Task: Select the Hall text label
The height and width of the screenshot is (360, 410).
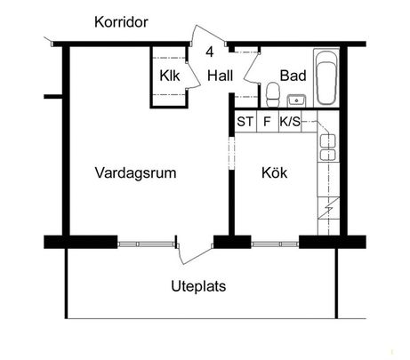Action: (x=221, y=76)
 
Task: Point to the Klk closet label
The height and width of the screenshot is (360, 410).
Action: (x=169, y=76)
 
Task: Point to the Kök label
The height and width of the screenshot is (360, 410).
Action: (x=274, y=173)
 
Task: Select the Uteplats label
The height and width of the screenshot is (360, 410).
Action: (x=197, y=287)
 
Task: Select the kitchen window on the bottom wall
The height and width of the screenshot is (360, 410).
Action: (x=275, y=242)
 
